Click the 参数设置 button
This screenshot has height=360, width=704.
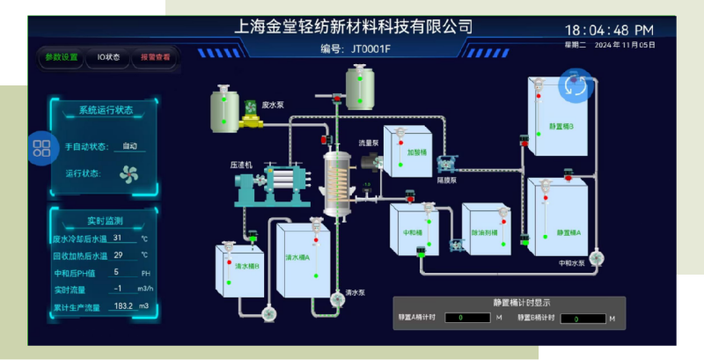pos(62,57)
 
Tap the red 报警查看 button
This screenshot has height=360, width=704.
pos(156,57)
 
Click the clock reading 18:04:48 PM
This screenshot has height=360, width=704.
pos(608,30)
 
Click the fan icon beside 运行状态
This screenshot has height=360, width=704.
pos(129,173)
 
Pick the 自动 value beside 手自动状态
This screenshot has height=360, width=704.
pos(129,146)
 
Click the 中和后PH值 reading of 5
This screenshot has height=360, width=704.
pos(117,272)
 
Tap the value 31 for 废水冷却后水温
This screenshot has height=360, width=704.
pos(118,238)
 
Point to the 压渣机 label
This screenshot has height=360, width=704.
pos(241,165)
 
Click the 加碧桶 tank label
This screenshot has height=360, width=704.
pos(417,151)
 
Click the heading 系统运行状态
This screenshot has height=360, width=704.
pos(106,110)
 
